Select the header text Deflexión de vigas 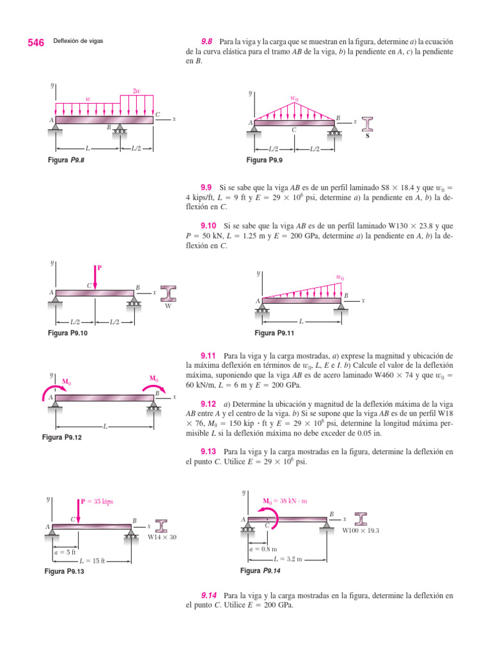click(x=78, y=42)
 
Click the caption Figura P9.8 click(x=66, y=161)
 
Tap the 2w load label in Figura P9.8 click(x=136, y=91)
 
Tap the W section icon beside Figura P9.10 click(x=169, y=294)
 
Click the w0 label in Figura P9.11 click(x=339, y=277)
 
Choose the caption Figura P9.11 click(x=274, y=333)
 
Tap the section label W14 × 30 click(x=162, y=537)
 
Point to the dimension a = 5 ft click(x=65, y=551)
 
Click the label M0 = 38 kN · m click(x=284, y=501)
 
